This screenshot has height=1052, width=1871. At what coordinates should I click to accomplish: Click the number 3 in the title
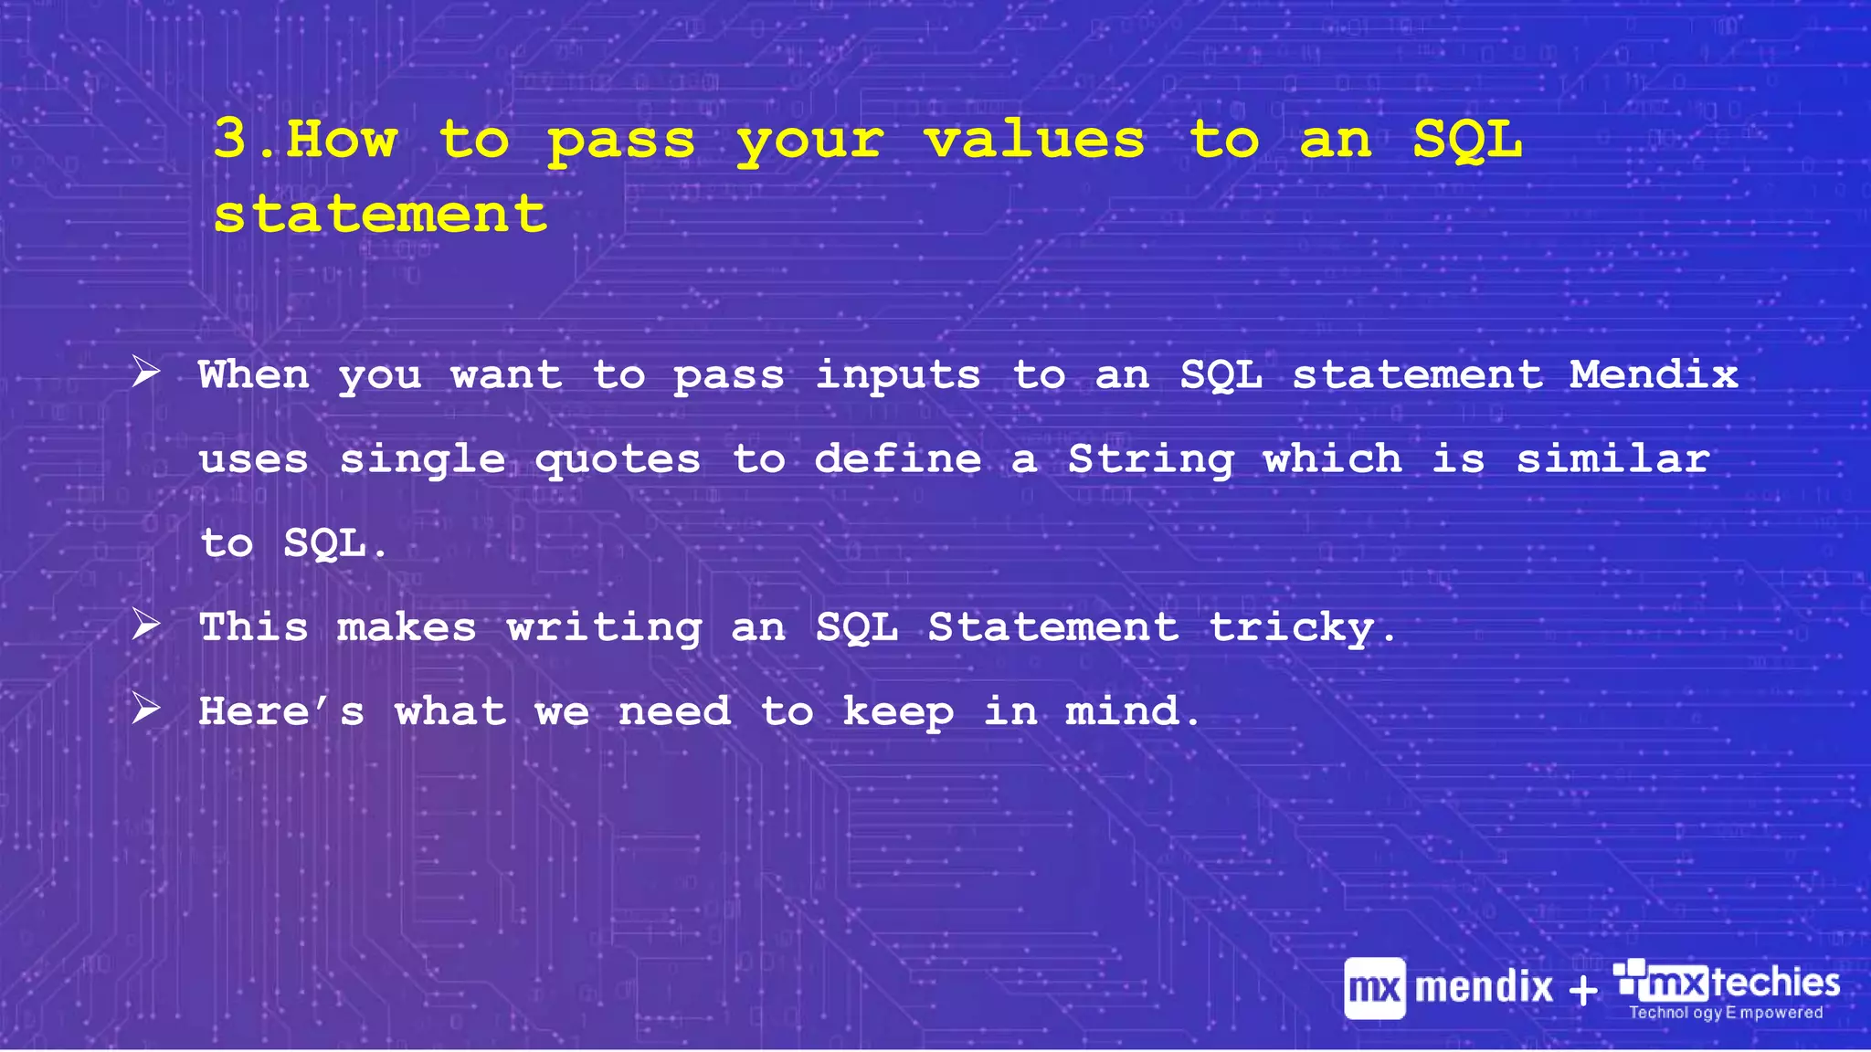tap(230, 139)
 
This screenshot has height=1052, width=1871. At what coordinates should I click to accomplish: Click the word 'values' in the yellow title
tap(1034, 140)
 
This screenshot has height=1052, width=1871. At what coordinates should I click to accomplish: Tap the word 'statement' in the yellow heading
tap(380, 214)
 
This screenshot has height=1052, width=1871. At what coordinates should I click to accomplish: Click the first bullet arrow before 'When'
tap(146, 372)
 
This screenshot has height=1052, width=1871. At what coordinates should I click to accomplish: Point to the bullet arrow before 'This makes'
tap(146, 625)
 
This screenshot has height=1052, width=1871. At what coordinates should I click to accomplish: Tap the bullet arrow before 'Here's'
tap(146, 708)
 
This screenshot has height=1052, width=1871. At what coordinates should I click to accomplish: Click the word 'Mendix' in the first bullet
tap(1654, 374)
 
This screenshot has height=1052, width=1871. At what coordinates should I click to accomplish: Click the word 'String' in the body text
tap(1151, 459)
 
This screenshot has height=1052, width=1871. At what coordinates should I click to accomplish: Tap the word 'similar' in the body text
tap(1613, 458)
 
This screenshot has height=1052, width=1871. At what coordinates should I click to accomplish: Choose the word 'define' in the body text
tap(898, 458)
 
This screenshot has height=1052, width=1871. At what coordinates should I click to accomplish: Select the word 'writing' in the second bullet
tap(604, 628)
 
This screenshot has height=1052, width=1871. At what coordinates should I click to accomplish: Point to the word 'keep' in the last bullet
tap(898, 712)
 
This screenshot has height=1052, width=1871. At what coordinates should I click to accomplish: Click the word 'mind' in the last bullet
tap(1123, 710)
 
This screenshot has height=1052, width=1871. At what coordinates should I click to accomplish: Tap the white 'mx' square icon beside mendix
tap(1374, 988)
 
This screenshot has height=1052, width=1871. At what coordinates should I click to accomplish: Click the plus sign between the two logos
tap(1583, 990)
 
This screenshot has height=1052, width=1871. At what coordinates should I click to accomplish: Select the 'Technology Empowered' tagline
tap(1726, 1012)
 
